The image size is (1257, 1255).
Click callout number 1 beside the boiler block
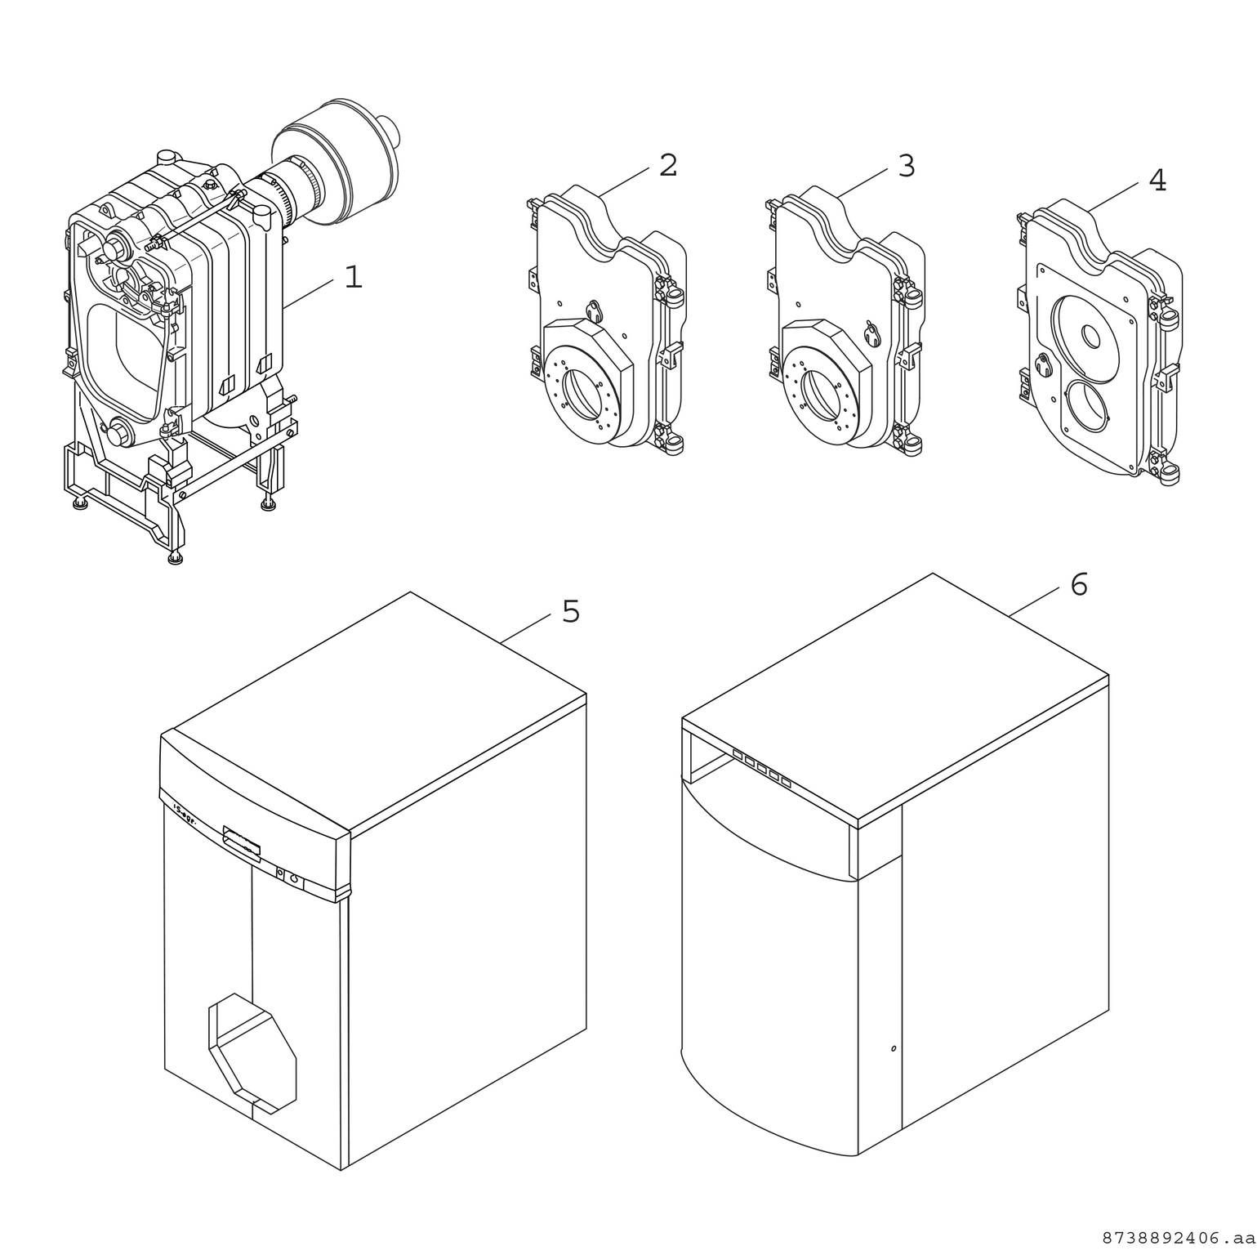click(352, 278)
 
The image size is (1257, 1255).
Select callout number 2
click(667, 166)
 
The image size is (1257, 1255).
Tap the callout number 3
click(906, 166)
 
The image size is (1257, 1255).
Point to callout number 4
click(1157, 181)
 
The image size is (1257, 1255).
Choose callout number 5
click(570, 612)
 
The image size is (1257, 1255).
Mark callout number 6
click(1078, 585)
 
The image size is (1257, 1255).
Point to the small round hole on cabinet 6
click(893, 1048)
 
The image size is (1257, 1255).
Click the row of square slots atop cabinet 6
click(761, 769)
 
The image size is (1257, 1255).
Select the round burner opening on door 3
click(820, 391)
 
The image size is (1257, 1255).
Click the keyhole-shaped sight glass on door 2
click(594, 310)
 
